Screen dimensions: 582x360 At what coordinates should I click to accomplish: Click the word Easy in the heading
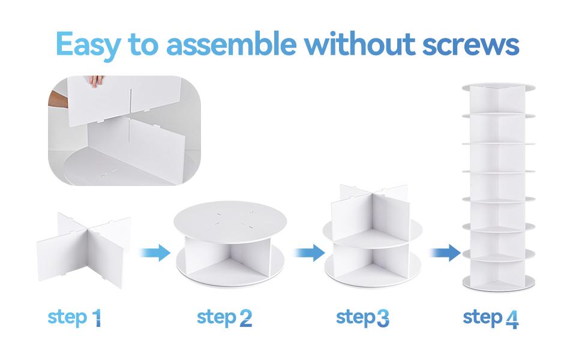coord(88,45)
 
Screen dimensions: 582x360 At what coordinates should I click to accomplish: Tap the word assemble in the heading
coord(231,44)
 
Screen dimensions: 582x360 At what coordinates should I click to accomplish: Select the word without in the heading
coord(359,44)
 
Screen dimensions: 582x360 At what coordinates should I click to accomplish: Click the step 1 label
coord(74,318)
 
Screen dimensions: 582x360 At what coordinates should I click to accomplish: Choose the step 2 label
coord(224,318)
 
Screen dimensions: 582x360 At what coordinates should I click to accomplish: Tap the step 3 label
coord(362,318)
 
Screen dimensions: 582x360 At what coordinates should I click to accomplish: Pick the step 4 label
coord(491,319)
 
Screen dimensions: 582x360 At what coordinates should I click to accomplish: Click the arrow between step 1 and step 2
coord(155,253)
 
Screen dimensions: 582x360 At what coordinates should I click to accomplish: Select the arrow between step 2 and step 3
coord(310,253)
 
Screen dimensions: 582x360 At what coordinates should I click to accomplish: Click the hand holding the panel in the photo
coord(96,80)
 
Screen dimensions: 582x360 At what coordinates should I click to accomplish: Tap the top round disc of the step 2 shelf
coord(230,221)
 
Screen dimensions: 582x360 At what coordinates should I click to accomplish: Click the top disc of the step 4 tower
coord(499,87)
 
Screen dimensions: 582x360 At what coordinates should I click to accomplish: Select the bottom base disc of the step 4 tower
coord(499,283)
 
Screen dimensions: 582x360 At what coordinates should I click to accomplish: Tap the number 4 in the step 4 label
coord(512,320)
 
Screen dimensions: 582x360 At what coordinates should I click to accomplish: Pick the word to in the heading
coord(143,45)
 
